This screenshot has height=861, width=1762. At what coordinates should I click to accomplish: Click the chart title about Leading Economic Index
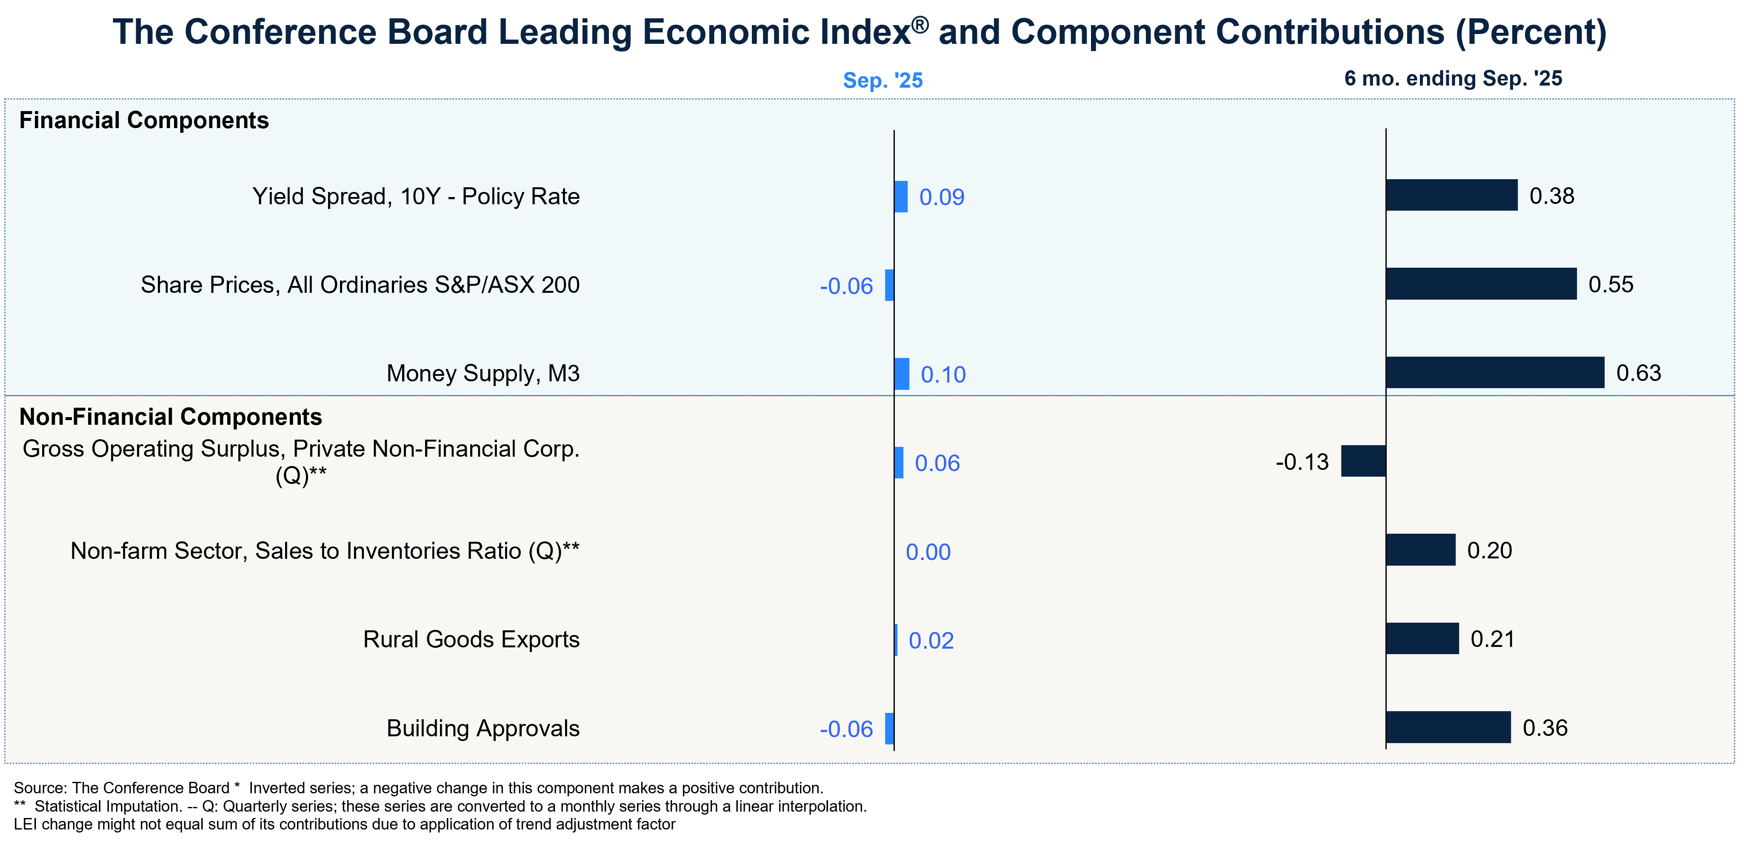(859, 32)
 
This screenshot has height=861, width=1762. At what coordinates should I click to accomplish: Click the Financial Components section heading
(144, 120)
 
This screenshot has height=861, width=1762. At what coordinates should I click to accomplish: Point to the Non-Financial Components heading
(170, 417)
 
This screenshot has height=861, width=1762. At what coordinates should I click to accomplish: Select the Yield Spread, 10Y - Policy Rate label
(416, 197)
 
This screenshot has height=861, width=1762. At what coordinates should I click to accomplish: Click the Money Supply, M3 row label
(483, 373)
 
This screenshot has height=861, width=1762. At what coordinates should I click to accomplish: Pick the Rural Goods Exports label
(471, 639)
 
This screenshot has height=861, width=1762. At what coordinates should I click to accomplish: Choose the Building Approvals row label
(483, 728)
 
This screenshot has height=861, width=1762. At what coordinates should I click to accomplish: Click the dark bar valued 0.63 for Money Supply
(1494, 372)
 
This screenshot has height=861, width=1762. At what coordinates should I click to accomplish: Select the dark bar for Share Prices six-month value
(1481, 284)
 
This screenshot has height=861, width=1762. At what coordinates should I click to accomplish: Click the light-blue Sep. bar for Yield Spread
(901, 197)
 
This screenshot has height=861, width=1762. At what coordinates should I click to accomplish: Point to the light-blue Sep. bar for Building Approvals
(889, 728)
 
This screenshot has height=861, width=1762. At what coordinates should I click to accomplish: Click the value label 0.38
(1552, 197)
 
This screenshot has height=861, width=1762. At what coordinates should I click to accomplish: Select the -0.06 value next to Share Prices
(846, 286)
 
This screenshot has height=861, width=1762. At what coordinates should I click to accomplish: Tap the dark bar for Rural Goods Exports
(1422, 638)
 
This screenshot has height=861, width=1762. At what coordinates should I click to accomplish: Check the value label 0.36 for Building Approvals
(1545, 727)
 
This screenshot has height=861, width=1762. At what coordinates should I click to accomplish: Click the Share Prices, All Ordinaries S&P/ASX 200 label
(360, 285)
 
